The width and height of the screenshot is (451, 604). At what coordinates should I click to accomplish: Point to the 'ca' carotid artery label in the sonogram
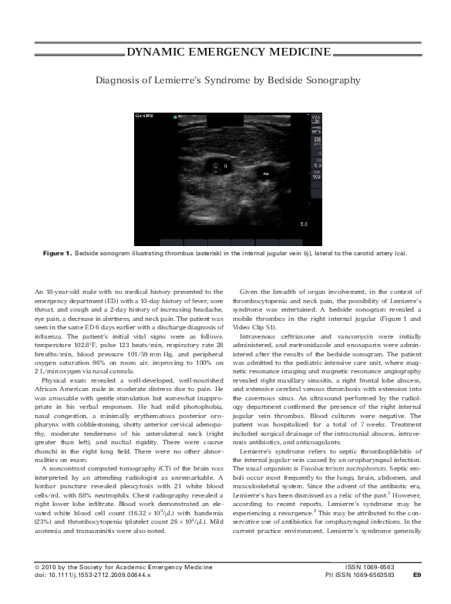(x=266, y=174)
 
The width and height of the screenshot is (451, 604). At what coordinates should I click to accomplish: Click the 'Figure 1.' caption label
(x=57, y=252)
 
